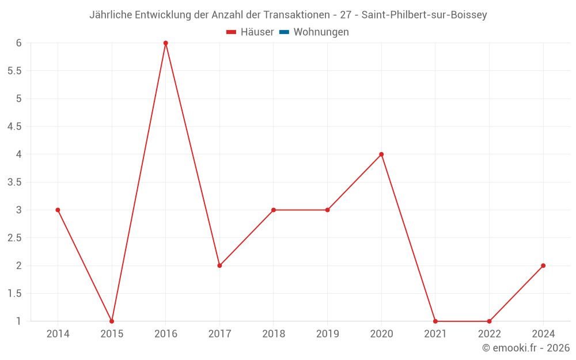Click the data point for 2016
coord(165,43)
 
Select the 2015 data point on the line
coord(112,321)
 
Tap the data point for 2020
coord(381,154)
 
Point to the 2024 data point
coord(543,266)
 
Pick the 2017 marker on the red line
coord(219,266)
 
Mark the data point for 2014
coord(58,210)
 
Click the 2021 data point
coord(435,321)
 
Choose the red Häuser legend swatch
coord(232,32)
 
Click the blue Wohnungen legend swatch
coord(284,32)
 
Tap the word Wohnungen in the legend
coord(321,32)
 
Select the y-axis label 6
coord(19,43)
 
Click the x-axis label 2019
coord(327,334)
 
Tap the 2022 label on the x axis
coord(489,334)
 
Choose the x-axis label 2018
coord(274,334)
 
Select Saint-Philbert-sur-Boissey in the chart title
coord(424,15)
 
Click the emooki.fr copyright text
coord(526,348)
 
